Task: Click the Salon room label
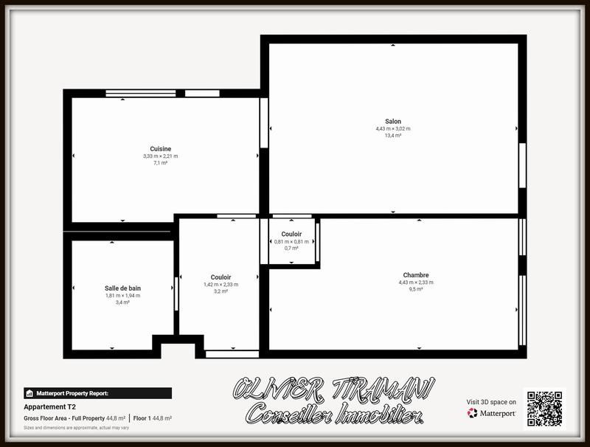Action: point(393,122)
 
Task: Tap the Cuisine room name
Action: point(160,149)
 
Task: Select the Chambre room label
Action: point(416,275)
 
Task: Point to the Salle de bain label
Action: point(122,288)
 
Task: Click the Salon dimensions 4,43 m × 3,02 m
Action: point(393,129)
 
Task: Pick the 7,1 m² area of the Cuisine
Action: point(160,163)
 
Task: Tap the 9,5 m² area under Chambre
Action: point(416,289)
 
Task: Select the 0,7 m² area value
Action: point(291,249)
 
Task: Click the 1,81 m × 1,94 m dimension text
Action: point(122,296)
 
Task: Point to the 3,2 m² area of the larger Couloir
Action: point(221,291)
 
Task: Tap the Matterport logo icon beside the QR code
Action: point(472,413)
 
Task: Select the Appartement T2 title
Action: point(50,406)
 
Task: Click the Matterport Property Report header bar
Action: point(97,393)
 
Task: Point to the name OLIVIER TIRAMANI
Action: point(333,389)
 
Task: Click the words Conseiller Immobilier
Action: point(334,415)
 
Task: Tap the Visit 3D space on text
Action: point(491,402)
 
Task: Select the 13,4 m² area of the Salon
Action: point(393,136)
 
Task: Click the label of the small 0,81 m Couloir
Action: point(291,234)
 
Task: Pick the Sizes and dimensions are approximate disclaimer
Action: point(76,428)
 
